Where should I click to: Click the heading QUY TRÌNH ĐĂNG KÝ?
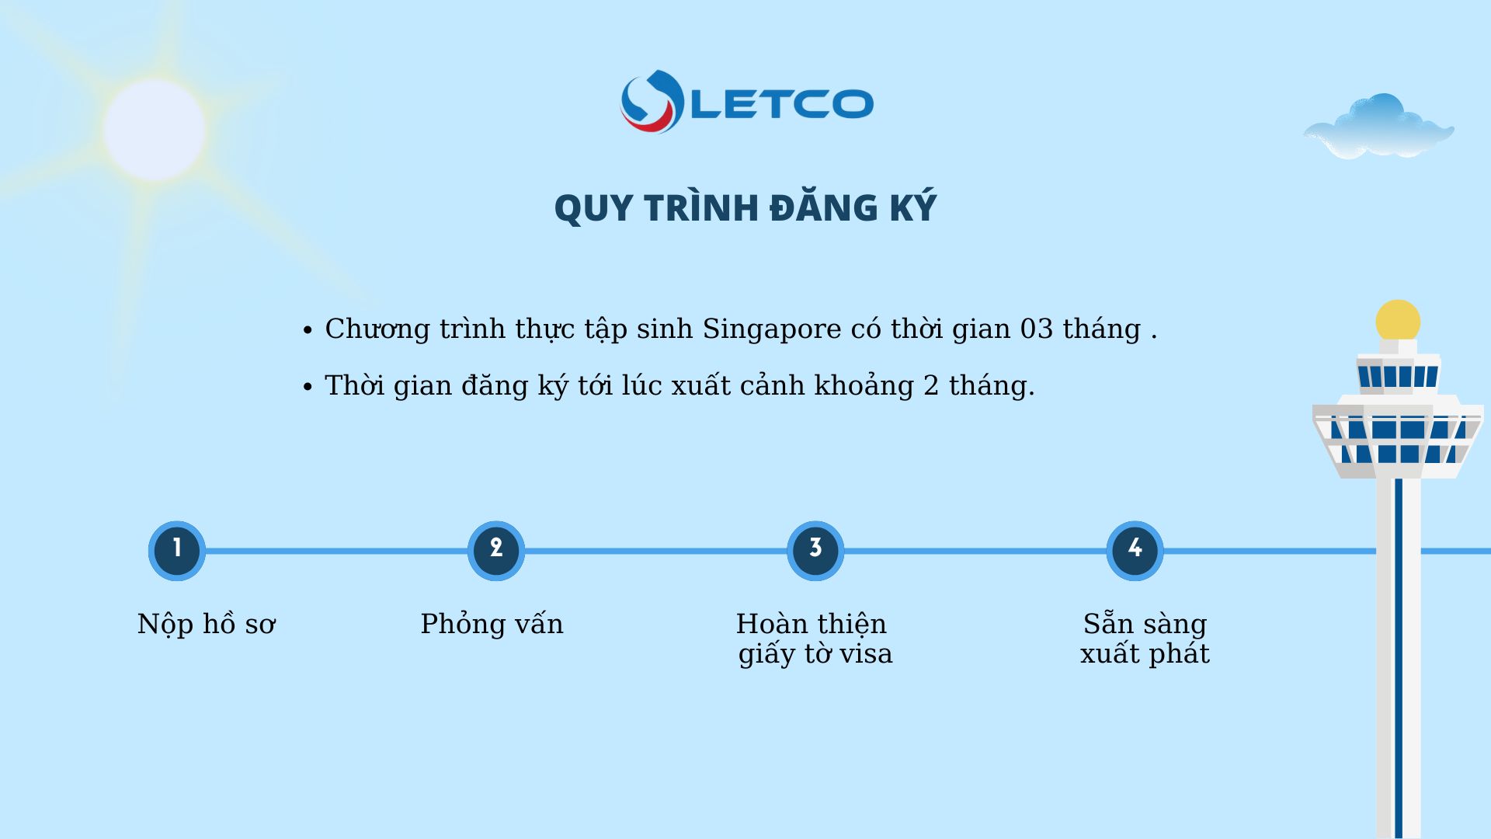[x=745, y=208]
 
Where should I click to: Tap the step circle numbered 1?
[x=177, y=551]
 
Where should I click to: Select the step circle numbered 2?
[x=496, y=551]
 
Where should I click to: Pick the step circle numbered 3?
[x=815, y=551]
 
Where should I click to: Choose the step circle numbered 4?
[x=1135, y=551]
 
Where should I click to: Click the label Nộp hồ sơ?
[x=207, y=625]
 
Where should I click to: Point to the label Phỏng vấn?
[x=492, y=624]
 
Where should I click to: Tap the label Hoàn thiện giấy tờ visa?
[x=815, y=639]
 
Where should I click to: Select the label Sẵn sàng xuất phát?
[x=1145, y=639]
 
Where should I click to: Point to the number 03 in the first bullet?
[x=1037, y=329]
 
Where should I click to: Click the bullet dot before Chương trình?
[x=308, y=330]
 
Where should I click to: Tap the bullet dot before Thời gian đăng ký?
[x=308, y=387]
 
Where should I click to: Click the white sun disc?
[x=155, y=130]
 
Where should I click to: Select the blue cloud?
[x=1378, y=127]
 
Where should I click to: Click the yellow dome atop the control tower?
[x=1398, y=320]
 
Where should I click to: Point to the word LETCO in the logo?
[x=782, y=104]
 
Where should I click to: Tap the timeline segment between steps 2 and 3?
[x=656, y=551]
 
